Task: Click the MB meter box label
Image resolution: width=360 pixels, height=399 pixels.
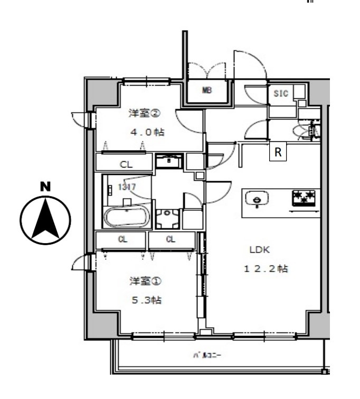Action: [207, 90]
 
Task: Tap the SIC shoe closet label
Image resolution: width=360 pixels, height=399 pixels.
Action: [281, 94]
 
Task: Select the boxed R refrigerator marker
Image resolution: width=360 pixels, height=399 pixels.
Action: [278, 152]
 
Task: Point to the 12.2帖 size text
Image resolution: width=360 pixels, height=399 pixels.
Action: [266, 269]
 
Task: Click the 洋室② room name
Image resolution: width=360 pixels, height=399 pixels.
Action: [144, 114]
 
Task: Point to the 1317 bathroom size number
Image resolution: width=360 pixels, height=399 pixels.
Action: [127, 187]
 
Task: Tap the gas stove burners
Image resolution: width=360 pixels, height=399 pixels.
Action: [304, 198]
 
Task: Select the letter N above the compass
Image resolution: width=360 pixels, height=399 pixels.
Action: [45, 186]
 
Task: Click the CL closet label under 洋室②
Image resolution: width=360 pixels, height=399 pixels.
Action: [126, 164]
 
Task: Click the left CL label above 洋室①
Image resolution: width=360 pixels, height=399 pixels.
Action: [122, 239]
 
